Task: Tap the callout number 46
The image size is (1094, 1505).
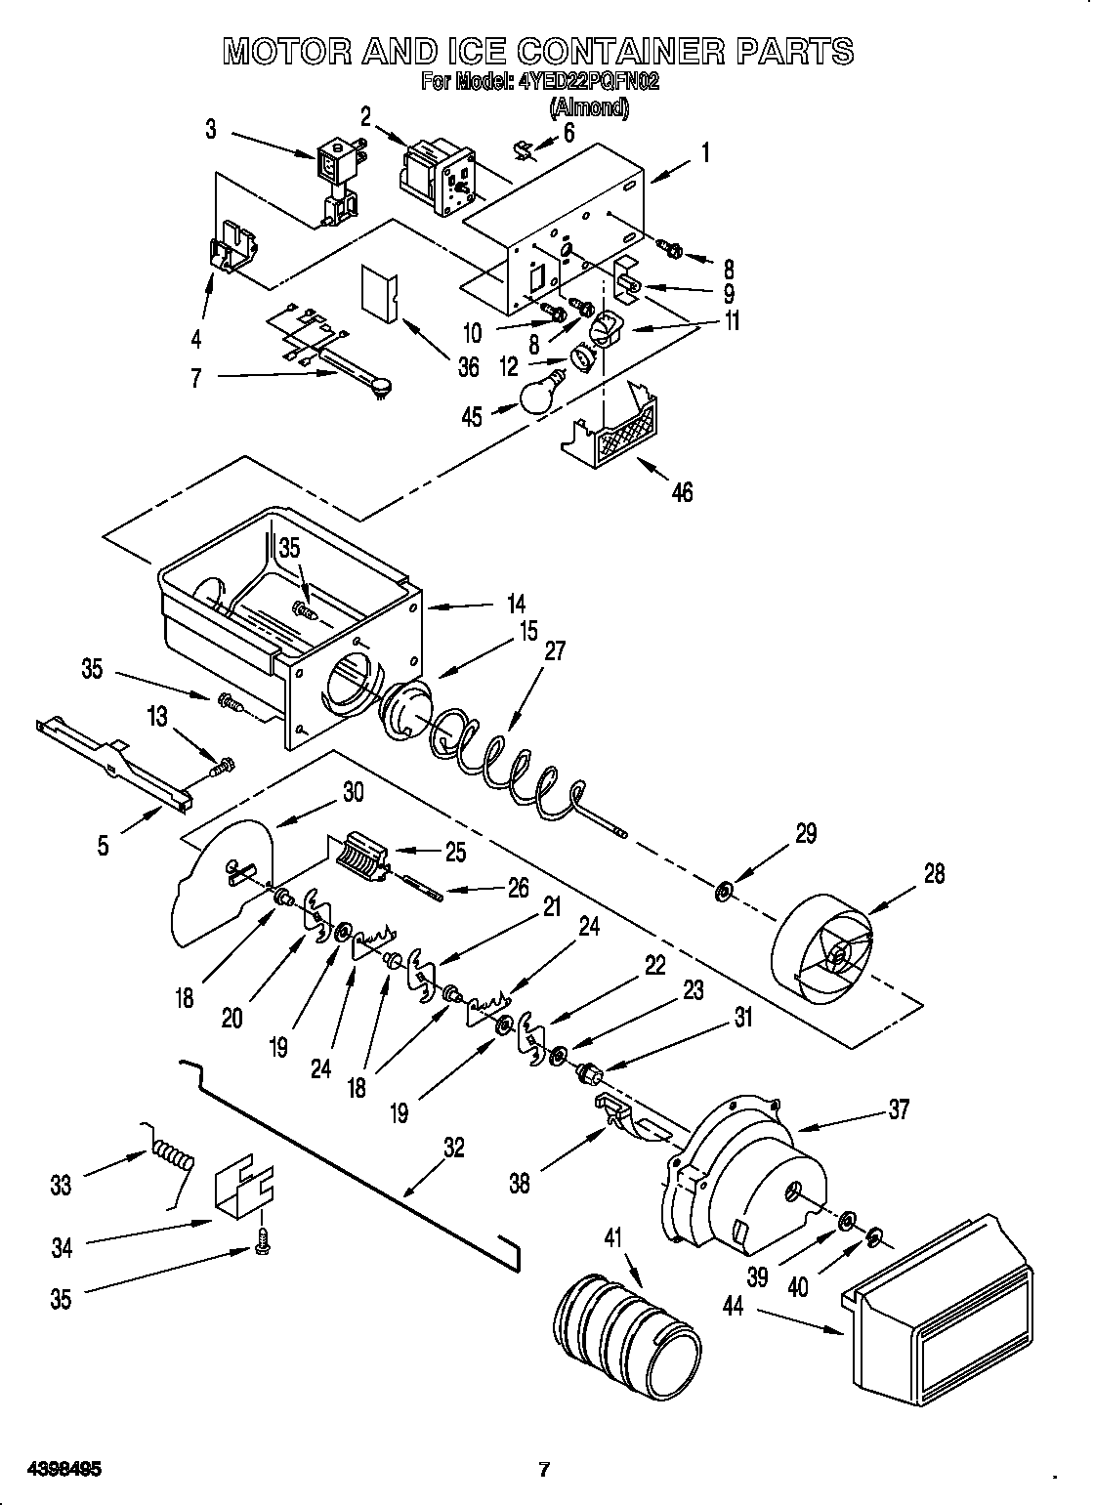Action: pos(682,492)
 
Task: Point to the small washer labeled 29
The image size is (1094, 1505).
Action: pos(724,892)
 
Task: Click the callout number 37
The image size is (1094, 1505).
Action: pos(899,1108)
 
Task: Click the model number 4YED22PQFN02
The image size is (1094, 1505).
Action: pos(583,82)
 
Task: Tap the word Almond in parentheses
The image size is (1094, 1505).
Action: pos(589,106)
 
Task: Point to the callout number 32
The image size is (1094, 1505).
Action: pos(453,1148)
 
